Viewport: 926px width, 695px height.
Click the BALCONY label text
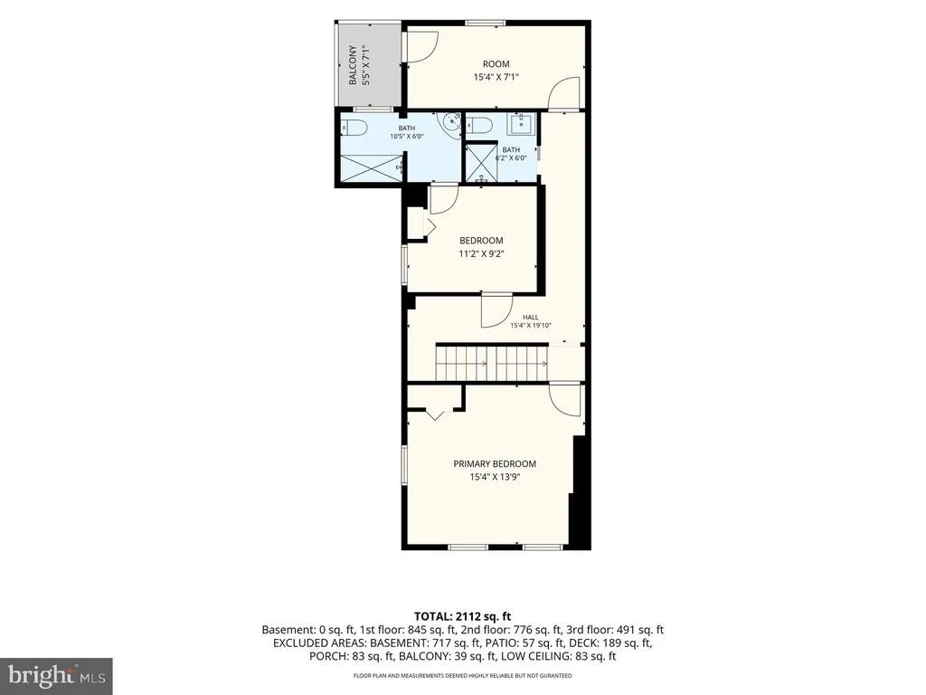point(353,65)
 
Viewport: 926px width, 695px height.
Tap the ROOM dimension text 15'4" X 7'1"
point(496,77)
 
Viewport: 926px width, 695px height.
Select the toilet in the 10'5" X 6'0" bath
point(354,127)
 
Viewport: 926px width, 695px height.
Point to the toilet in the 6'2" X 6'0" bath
point(479,125)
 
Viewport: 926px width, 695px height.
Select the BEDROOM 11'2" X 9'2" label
point(481,248)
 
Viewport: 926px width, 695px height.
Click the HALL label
point(530,318)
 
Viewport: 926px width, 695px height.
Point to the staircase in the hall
point(493,363)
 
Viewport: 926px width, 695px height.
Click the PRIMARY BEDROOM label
point(495,464)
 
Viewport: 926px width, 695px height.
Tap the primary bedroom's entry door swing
point(564,400)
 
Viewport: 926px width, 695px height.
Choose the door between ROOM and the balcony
point(420,46)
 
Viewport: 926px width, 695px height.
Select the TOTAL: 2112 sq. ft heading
point(462,616)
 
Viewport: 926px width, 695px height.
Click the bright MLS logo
point(57,673)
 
